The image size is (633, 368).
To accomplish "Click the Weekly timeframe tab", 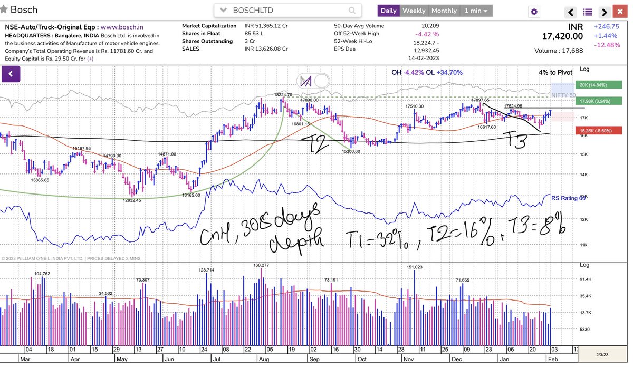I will point(414,11).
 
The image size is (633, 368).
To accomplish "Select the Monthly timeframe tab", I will point(444,11).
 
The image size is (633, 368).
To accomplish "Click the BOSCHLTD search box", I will point(287,11).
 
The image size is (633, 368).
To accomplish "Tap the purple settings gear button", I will point(534,12).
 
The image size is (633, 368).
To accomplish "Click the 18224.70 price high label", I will point(283,95).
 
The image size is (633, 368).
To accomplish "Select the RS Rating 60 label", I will point(568,198).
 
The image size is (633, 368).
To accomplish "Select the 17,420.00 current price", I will point(562,36).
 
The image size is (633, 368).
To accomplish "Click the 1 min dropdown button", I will point(476,11).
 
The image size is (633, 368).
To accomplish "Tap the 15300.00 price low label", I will point(351,151).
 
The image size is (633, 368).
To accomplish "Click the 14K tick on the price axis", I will point(584,175).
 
